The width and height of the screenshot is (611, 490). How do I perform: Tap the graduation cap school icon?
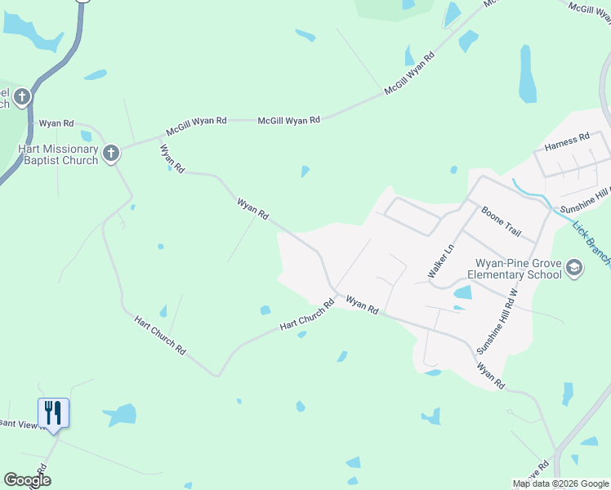(574, 268)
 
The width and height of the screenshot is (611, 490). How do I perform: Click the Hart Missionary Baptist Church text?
(57, 154)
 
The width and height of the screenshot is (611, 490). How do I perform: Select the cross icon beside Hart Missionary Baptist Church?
(111, 153)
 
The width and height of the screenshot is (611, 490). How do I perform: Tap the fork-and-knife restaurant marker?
(54, 412)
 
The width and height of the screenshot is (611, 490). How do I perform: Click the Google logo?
(27, 480)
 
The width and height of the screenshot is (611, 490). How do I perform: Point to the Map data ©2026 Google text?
(560, 483)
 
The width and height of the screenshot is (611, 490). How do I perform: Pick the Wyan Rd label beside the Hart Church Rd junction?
(362, 305)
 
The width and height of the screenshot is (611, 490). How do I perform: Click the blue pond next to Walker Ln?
(462, 292)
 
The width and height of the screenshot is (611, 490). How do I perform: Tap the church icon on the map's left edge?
(22, 97)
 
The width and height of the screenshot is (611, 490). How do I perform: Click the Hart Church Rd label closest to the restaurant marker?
(160, 334)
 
